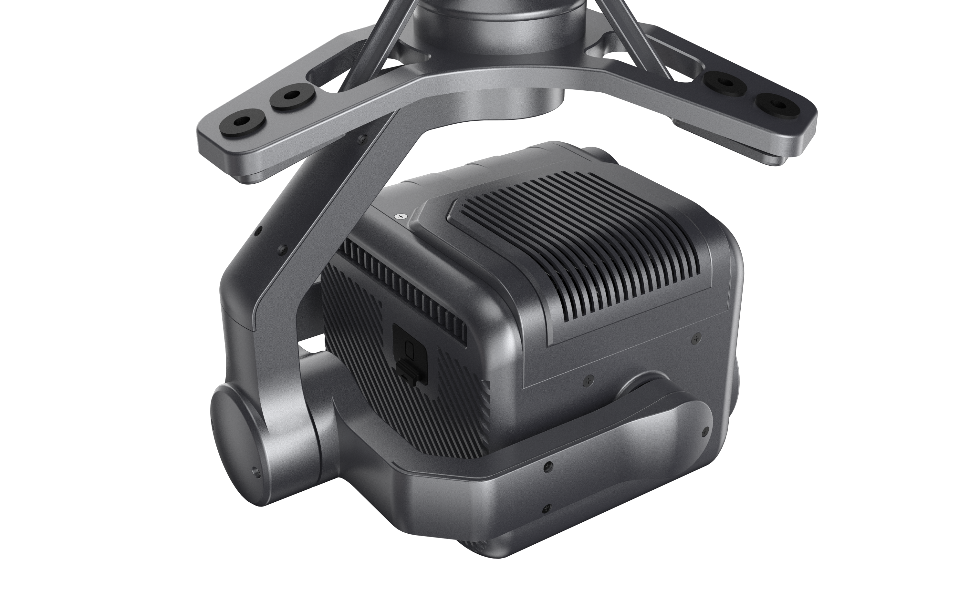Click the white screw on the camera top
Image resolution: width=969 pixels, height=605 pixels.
(x=400, y=216)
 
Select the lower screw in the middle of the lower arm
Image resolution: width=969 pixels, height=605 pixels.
(x=547, y=508)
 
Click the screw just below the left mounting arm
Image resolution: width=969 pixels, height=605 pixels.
(x=362, y=139)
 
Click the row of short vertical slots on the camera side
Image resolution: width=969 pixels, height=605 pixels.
(x=400, y=288)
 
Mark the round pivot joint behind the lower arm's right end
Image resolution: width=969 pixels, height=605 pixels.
(x=641, y=384)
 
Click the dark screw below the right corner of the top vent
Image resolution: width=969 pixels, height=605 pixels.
(x=696, y=339)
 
